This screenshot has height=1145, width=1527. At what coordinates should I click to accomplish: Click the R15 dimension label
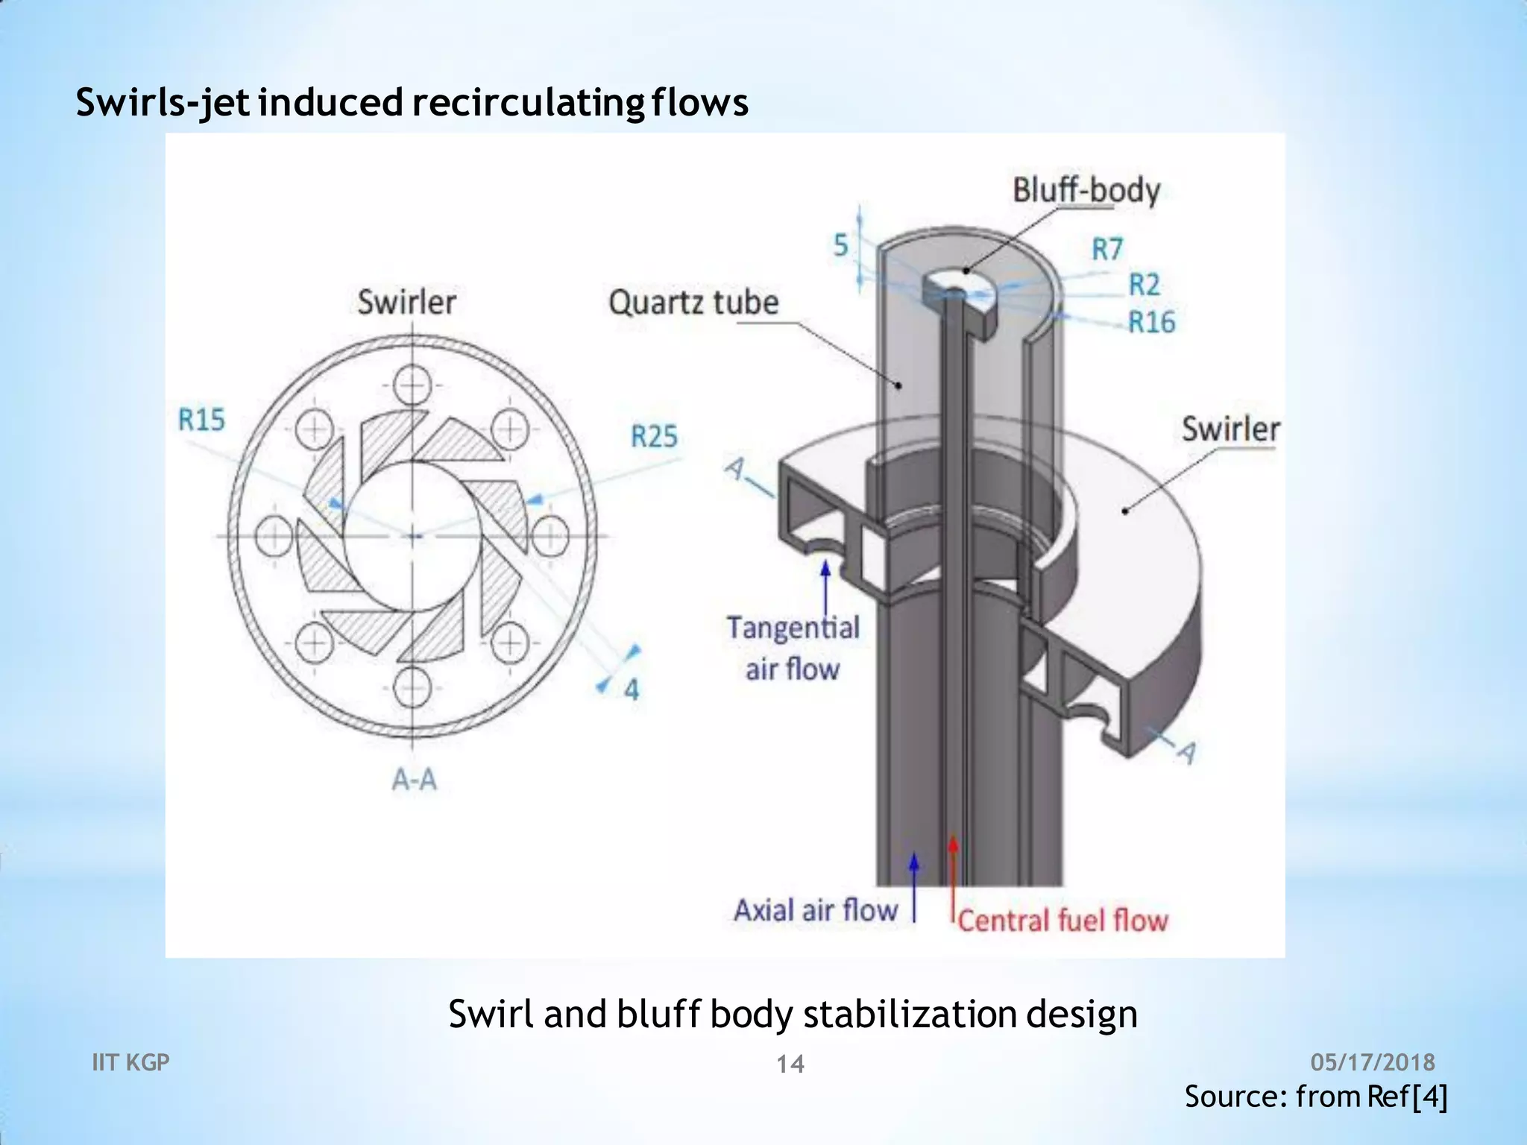tap(201, 420)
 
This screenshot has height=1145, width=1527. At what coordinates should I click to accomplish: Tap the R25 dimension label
tap(654, 436)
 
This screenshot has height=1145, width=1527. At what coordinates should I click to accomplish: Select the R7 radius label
tap(1107, 249)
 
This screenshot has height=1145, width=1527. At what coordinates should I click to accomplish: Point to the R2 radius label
tap(1145, 285)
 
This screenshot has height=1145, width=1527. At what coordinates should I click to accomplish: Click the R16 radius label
tap(1151, 322)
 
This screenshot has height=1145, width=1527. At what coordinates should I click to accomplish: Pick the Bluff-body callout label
tap(1086, 191)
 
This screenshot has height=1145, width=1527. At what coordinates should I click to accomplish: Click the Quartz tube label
tap(693, 303)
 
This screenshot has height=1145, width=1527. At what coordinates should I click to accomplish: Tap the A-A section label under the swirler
tap(415, 780)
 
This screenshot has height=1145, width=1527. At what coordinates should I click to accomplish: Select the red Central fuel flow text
tap(1062, 921)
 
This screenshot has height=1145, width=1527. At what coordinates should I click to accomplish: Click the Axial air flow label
tap(816, 910)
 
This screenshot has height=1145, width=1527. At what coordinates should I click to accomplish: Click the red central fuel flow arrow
tap(952, 880)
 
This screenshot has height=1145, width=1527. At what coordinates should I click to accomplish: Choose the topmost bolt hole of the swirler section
tap(412, 386)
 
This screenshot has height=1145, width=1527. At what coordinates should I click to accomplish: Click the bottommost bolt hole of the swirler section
tap(412, 687)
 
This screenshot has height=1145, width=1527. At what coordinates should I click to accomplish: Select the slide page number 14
tap(790, 1064)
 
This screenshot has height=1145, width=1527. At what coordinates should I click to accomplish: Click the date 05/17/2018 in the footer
tap(1373, 1062)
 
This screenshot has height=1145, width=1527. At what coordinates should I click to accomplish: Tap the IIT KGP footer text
tap(130, 1062)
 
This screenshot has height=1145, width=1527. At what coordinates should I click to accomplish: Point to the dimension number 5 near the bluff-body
tap(841, 245)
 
